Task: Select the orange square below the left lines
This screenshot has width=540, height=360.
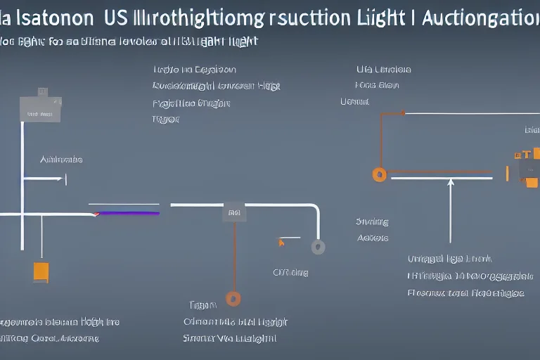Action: [41, 272]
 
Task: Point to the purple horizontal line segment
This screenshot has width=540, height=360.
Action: [127, 212]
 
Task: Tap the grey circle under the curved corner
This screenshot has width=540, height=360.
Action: [319, 247]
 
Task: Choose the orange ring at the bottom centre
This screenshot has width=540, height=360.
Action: [233, 299]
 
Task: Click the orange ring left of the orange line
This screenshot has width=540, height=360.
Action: [380, 174]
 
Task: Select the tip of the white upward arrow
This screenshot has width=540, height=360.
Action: [451, 182]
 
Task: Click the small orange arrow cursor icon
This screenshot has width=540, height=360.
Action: [281, 243]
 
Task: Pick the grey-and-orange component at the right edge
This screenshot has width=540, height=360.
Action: [527, 167]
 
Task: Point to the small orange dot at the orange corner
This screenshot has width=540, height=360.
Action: [403, 112]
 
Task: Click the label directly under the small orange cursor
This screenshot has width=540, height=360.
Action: [290, 272]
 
